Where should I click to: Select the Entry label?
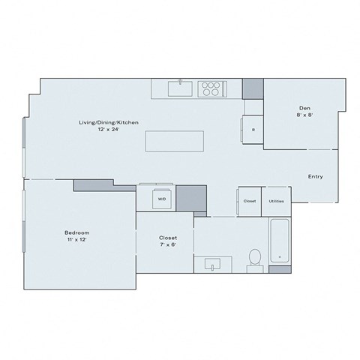316,177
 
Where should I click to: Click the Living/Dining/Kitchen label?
109,121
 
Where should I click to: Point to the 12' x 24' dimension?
109,129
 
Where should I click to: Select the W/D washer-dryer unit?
160,199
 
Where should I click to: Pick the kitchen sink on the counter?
181,88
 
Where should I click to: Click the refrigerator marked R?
252,129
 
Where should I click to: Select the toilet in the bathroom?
254,257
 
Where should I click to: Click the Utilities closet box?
275,201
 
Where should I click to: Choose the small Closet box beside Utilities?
250,201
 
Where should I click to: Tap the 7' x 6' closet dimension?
167,244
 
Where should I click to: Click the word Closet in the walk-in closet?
167,236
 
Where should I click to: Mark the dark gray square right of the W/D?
195,199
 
